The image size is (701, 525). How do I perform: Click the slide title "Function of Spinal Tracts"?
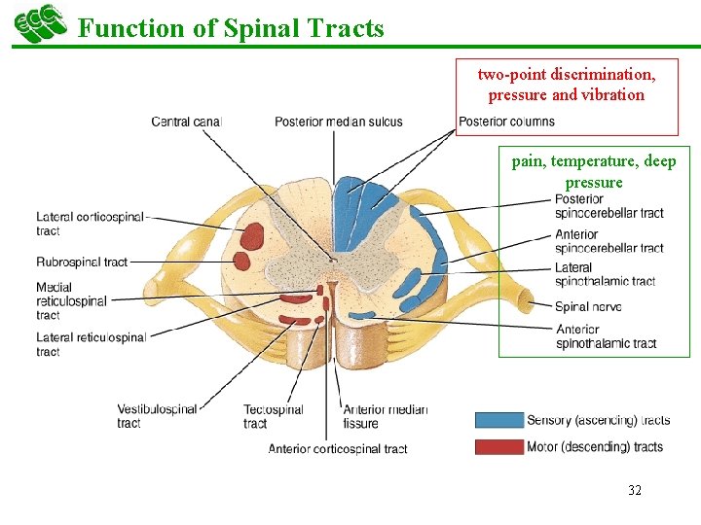(231, 28)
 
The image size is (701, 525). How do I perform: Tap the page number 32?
(635, 490)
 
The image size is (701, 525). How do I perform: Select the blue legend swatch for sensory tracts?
(498, 420)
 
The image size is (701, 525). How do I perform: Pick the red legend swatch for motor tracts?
(498, 447)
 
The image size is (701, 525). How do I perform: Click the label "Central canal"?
(187, 122)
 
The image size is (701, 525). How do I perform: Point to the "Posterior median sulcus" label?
(338, 122)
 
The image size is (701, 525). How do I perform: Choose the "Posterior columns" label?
(506, 122)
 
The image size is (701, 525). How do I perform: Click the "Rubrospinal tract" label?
(82, 262)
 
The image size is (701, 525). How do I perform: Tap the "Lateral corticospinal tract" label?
(89, 224)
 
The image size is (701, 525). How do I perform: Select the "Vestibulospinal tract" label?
(157, 416)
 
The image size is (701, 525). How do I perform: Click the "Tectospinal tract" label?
(274, 416)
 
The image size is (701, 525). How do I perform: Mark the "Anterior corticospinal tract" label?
(338, 449)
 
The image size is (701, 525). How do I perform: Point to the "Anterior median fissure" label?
(385, 416)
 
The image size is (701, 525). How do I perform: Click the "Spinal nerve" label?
(588, 307)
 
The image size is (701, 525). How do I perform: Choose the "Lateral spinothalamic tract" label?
(605, 274)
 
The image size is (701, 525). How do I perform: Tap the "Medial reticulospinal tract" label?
(71, 301)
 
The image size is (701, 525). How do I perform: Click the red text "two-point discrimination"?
(566, 74)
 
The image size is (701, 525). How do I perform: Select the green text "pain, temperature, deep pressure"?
(594, 171)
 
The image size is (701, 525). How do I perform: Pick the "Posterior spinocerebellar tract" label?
(609, 206)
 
